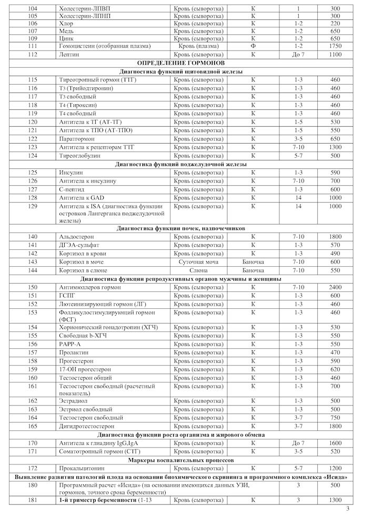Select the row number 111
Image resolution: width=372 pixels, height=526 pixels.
[33, 46]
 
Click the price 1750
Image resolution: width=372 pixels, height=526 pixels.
[335, 46]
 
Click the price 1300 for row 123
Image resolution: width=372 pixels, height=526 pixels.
[335, 147]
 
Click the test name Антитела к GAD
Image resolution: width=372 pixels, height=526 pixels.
[82, 198]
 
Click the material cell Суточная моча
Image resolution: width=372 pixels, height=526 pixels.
[198, 262]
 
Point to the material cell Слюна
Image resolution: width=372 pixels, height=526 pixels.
[198, 270]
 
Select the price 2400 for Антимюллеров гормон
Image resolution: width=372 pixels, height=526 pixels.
[335, 287]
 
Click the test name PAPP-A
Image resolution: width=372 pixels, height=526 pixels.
[71, 344]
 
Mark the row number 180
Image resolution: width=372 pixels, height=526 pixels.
[33, 485]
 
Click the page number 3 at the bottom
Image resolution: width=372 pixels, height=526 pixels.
[347, 509]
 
